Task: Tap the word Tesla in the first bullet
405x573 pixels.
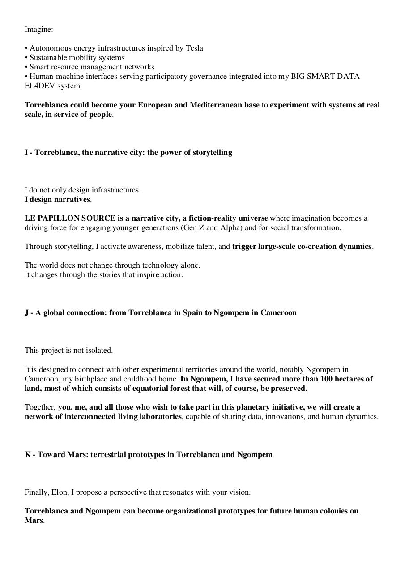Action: coord(194,48)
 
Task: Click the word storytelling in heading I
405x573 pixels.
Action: coord(212,153)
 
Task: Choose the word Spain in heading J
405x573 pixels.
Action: coord(192,313)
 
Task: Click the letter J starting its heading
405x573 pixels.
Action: coord(27,313)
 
